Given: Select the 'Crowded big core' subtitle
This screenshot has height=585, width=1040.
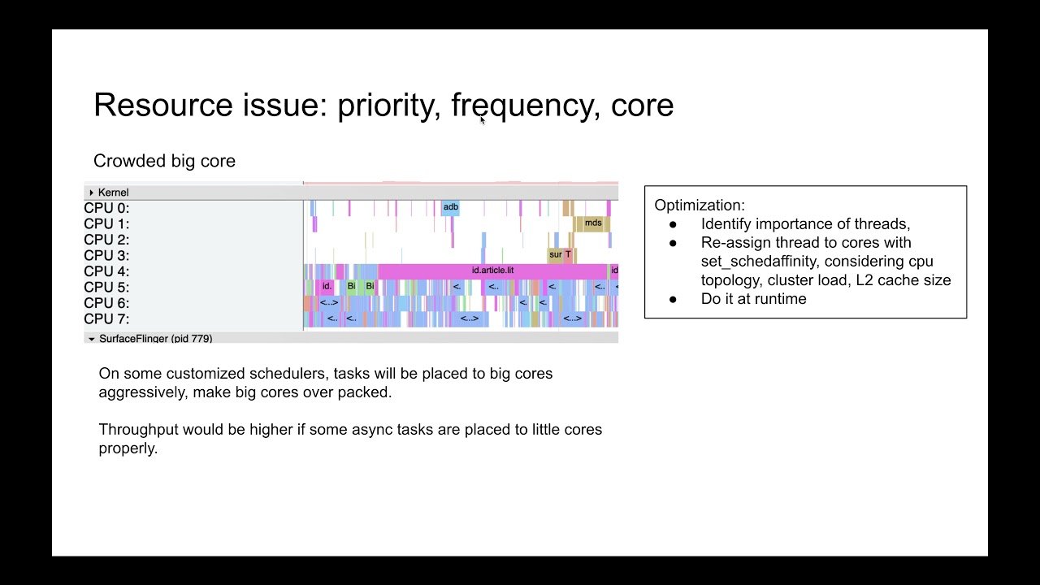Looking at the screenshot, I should [164, 161].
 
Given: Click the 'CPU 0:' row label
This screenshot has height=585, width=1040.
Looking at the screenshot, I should [106, 208].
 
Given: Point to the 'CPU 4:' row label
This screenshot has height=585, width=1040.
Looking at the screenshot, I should [106, 271].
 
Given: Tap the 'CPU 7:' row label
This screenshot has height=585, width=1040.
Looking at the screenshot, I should [106, 319].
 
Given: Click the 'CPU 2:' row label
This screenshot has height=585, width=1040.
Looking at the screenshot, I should [106, 240].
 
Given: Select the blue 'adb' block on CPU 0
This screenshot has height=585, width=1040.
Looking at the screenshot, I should [450, 207].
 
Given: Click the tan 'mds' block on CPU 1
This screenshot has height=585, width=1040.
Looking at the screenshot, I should [592, 223].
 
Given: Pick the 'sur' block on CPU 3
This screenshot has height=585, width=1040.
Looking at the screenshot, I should [555, 255].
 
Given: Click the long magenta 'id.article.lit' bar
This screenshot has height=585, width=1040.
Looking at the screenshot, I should [492, 271].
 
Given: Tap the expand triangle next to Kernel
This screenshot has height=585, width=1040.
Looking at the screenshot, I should [91, 193].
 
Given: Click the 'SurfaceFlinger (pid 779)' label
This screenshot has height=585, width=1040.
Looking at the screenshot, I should [155, 339].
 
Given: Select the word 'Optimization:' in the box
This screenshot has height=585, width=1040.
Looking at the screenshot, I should [699, 206].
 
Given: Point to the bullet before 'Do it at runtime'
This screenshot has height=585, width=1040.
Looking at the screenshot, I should [673, 299].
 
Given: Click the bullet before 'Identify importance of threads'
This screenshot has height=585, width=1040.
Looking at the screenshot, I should [673, 224].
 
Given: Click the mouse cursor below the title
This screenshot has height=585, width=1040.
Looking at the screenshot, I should [483, 120].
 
